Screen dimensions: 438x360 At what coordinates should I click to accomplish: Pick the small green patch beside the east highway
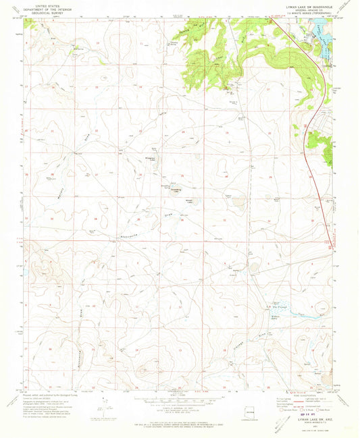[x=329, y=155]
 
